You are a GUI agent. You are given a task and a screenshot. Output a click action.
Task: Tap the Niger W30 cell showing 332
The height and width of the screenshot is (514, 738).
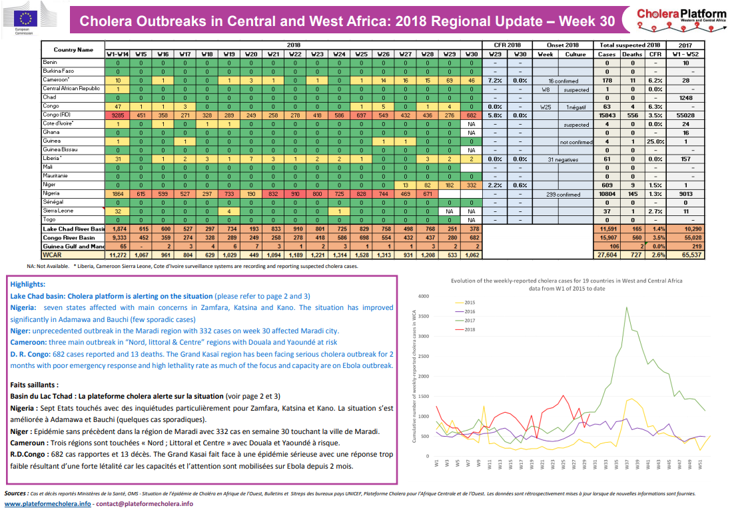coord(471,185)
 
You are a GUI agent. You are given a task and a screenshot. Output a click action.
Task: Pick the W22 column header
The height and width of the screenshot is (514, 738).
coord(295,54)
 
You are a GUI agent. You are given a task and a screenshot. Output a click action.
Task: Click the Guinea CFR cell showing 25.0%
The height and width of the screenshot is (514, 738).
coord(655,141)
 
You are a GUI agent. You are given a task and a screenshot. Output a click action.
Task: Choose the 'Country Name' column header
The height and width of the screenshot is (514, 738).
coord(73,50)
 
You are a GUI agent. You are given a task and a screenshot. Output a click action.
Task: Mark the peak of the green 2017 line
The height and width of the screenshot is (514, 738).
coord(626,307)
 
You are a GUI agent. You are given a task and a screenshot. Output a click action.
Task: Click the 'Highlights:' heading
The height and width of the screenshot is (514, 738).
coord(29,284)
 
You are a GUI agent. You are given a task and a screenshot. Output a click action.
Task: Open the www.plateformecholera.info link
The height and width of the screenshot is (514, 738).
coord(47,504)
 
